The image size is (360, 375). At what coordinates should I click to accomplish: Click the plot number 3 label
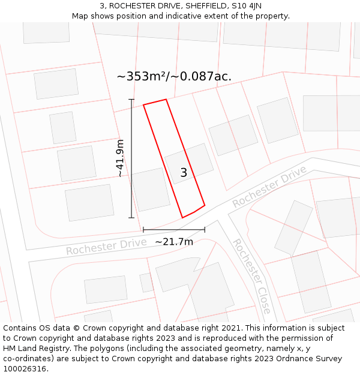click(184, 173)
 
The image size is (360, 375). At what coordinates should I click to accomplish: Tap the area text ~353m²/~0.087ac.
click(174, 76)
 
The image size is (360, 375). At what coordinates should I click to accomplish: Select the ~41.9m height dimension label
click(120, 158)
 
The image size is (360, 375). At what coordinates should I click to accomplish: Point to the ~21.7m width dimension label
click(174, 242)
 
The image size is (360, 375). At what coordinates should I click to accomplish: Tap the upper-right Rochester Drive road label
click(270, 187)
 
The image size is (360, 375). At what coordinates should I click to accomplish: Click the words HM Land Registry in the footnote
click(38, 349)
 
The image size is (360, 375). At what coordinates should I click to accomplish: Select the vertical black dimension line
click(131, 158)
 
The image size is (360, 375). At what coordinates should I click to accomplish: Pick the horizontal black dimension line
click(174, 229)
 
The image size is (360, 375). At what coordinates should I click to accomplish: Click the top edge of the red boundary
click(155, 102)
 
